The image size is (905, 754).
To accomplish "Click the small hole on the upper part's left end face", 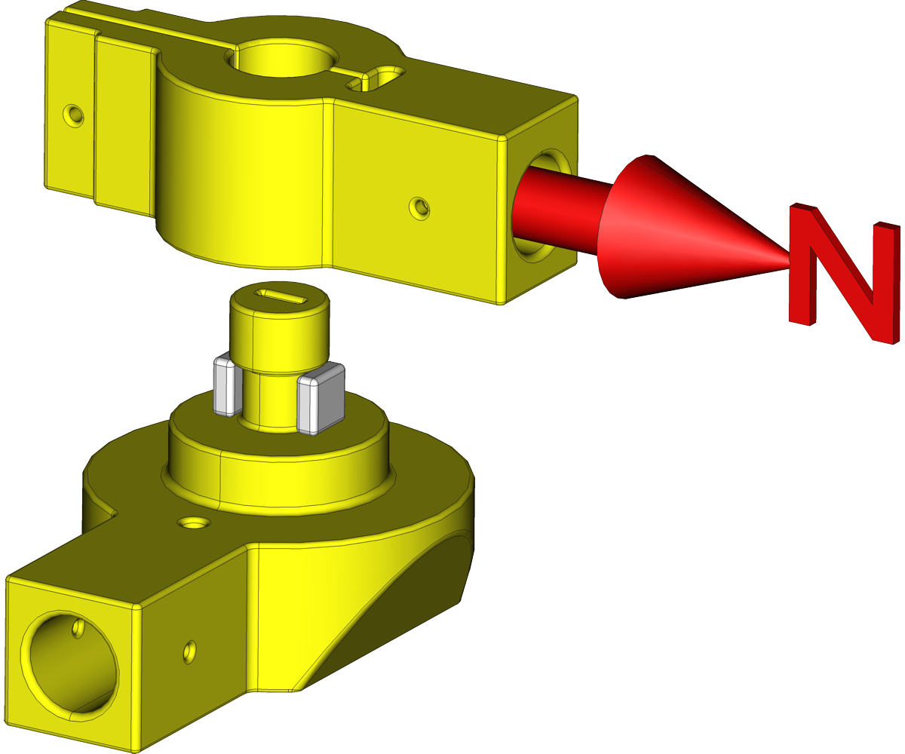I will coord(73,115).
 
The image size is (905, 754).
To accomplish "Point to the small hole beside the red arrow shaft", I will coord(420,208).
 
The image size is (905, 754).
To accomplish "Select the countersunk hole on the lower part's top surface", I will coord(194,523).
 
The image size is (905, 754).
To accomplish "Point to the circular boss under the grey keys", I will coord(279,483).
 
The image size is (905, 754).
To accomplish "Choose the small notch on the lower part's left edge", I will coord(114,516).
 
